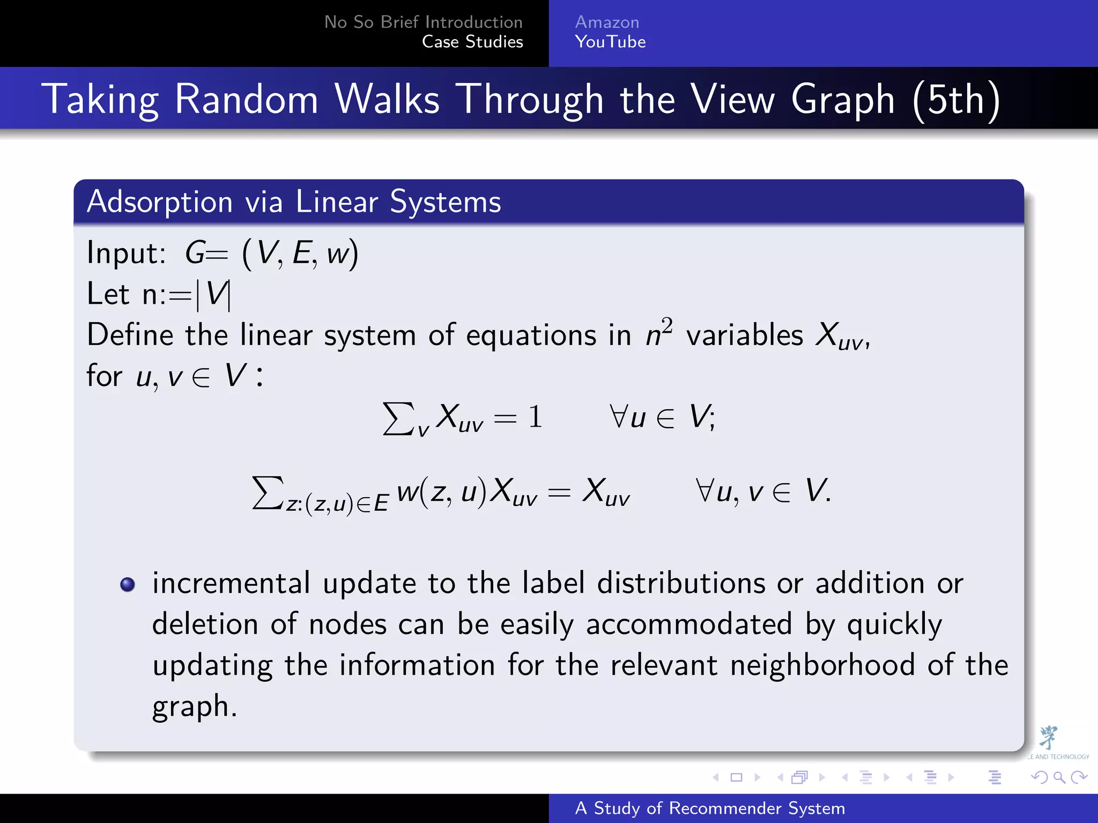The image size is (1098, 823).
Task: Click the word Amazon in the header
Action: [x=607, y=22]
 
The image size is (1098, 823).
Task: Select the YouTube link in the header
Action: [x=610, y=42]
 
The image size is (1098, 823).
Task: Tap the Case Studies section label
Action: [x=472, y=42]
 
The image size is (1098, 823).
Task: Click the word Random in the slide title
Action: [x=247, y=99]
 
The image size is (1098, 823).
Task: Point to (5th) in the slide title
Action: [x=956, y=100]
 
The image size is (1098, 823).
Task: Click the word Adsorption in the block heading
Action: [x=160, y=202]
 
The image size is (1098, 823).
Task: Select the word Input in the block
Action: [x=125, y=253]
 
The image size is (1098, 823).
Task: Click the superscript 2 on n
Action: [x=666, y=325]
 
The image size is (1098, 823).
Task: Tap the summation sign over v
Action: [x=398, y=418]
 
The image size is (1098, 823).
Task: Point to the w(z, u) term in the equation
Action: [x=441, y=491]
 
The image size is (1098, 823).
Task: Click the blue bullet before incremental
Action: [x=128, y=584]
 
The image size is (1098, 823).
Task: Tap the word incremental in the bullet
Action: [x=231, y=583]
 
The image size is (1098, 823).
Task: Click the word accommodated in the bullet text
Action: [x=689, y=625]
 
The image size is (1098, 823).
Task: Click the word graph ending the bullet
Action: [x=191, y=707]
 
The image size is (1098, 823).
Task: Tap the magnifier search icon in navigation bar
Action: [x=1059, y=777]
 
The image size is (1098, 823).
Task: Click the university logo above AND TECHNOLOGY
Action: [x=1048, y=737]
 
